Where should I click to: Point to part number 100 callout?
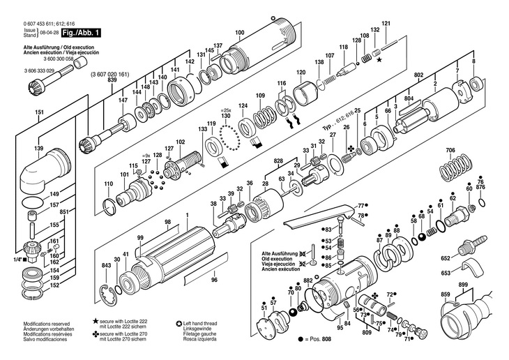(x=240, y=33)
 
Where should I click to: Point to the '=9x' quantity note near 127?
(x=146, y=155)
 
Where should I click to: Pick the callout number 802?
(x=418, y=75)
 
